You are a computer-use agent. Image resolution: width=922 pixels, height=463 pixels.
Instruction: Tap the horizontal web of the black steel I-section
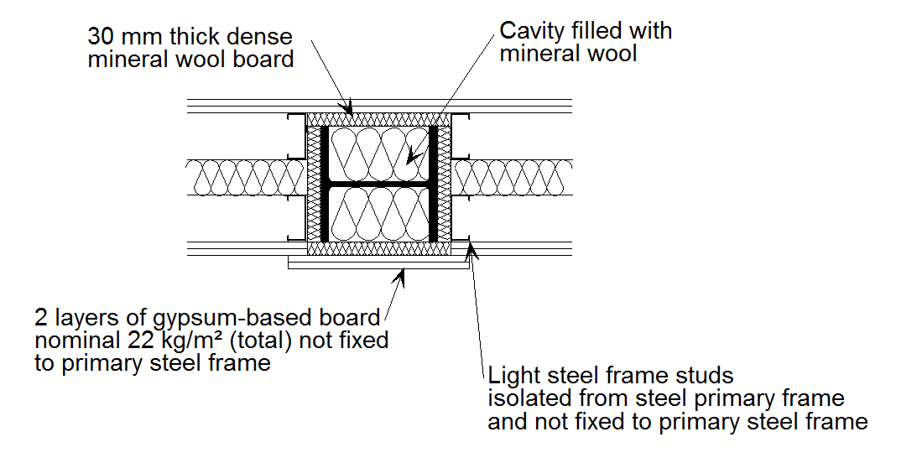378,183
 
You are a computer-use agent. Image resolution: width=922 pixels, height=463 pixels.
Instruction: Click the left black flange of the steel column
325,183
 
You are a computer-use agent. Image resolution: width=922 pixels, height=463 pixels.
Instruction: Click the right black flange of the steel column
433,183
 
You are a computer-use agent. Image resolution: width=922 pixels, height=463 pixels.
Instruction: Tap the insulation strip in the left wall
243,177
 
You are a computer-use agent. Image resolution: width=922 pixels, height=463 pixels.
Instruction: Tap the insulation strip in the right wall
513,177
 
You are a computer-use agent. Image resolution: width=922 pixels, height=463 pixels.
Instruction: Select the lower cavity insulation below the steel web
378,213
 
